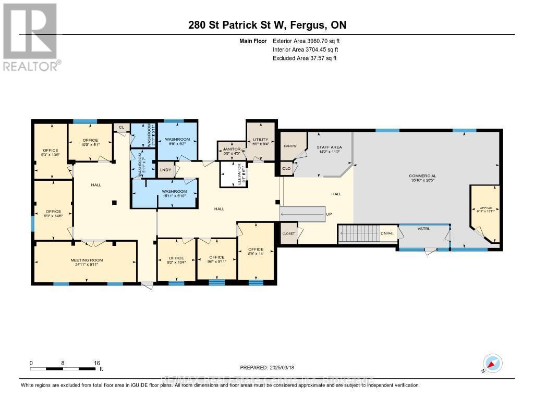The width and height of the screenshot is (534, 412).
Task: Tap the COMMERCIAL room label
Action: pos(422,176)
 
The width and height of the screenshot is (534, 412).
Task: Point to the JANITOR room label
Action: pos(231,149)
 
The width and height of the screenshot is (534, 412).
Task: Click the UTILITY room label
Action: pos(260,140)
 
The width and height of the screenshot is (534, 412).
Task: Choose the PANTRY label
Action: pos(290,146)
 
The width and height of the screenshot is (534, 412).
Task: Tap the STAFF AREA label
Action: pos(329,147)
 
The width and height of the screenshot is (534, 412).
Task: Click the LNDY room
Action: pos(166,170)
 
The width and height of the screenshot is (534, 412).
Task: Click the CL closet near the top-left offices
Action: pos(122,127)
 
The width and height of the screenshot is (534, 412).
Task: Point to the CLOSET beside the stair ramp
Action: pos(288,233)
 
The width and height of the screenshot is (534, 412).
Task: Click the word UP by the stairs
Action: pos(329,214)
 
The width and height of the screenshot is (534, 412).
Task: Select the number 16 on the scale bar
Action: pos(97,363)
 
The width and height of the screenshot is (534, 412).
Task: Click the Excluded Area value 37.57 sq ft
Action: pos(319,58)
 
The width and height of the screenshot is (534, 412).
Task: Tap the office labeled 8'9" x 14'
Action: pos(256,252)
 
